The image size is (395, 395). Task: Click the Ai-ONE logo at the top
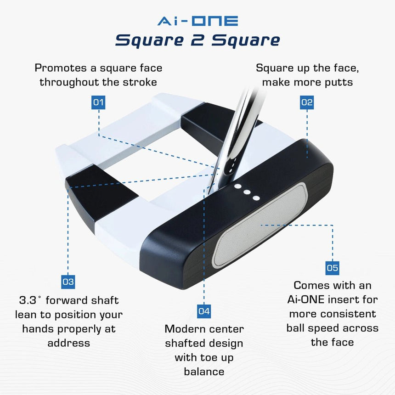(x=197, y=21)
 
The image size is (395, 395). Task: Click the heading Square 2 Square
(x=197, y=40)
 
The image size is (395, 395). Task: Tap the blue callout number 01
(x=99, y=102)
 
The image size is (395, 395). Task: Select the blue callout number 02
(x=307, y=102)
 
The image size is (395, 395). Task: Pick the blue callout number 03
(x=68, y=282)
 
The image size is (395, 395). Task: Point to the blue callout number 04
(x=204, y=311)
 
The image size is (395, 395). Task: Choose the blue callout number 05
(x=332, y=268)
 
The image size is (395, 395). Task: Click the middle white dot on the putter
(x=247, y=192)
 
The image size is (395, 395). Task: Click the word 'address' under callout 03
(x=68, y=343)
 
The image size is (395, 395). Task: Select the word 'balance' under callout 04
(x=204, y=371)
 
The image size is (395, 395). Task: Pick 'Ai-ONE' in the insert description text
(x=303, y=300)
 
